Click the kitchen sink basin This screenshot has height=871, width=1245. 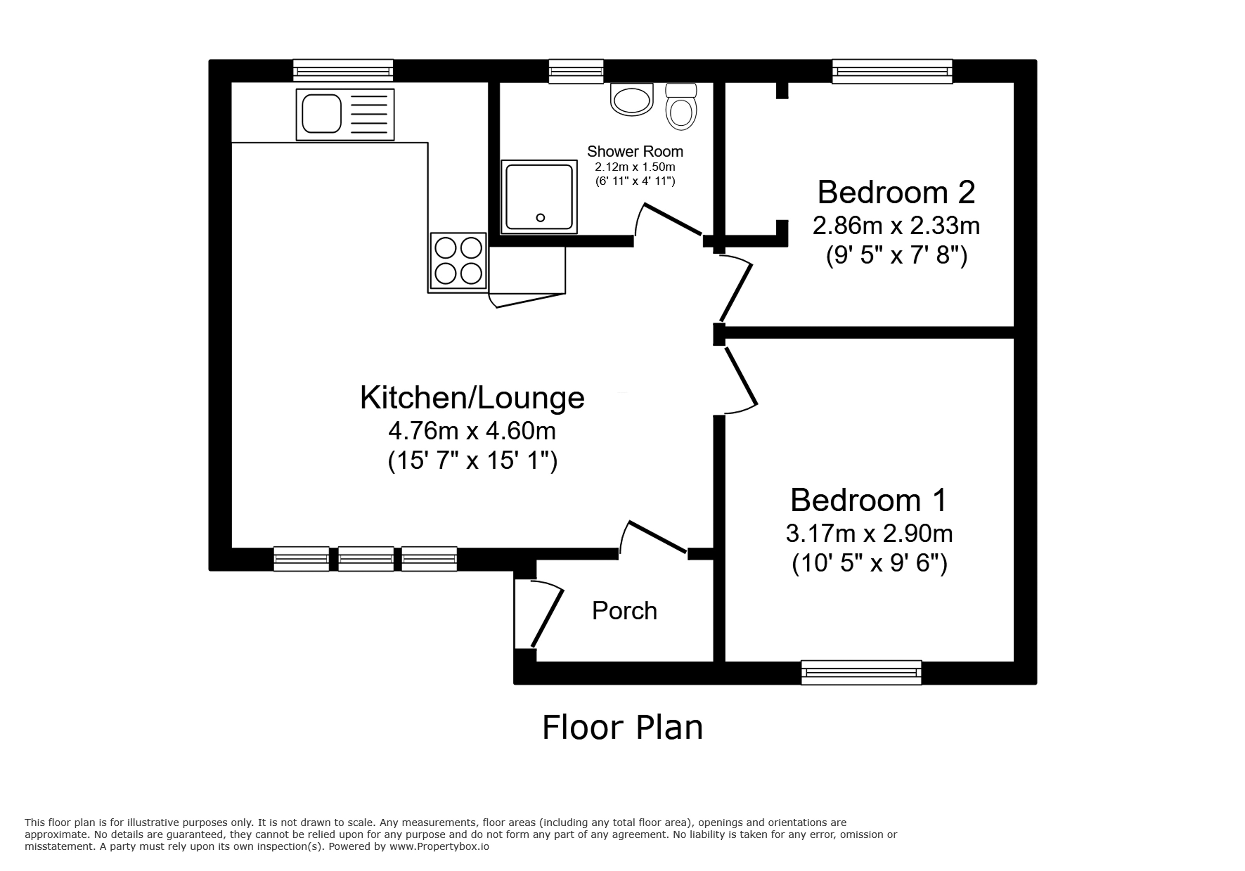coord(321,114)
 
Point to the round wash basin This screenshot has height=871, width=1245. coord(632,99)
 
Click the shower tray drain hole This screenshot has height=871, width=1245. coord(540,217)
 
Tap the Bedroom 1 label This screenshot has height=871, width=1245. coord(869,499)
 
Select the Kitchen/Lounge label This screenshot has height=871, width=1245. coord(472,398)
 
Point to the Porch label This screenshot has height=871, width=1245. coord(624,611)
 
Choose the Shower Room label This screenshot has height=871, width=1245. coord(635,151)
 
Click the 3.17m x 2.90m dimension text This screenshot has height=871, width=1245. coord(869,534)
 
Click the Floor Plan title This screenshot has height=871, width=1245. coord(622,728)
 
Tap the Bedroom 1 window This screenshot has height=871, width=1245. coord(861,673)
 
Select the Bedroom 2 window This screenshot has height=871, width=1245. coord(893,72)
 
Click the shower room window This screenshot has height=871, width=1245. coord(576,72)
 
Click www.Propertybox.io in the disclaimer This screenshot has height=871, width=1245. coord(439,846)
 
